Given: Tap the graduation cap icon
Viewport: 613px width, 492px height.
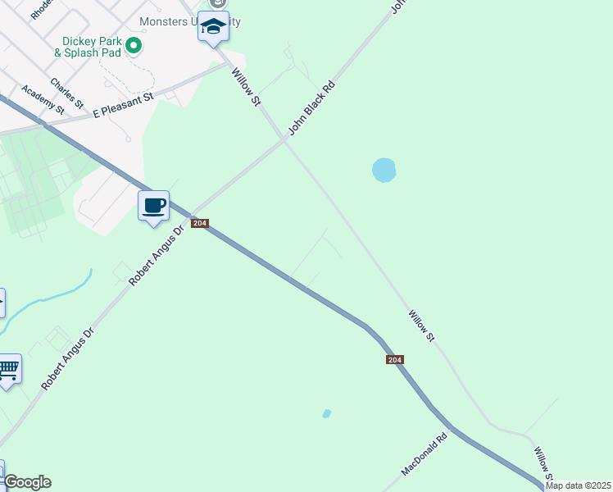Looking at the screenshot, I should pyautogui.click(x=213, y=28).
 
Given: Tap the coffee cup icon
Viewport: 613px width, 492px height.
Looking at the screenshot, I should pyautogui.click(x=153, y=206).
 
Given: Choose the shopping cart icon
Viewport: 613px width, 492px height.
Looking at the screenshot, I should pyautogui.click(x=8, y=369).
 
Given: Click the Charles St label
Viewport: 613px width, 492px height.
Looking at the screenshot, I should pyautogui.click(x=66, y=93).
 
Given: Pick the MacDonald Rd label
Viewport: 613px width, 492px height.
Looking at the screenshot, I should pyautogui.click(x=425, y=455).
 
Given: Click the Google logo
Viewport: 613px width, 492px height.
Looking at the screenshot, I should pyautogui.click(x=27, y=482).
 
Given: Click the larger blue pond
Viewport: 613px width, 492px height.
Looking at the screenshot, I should pyautogui.click(x=384, y=170).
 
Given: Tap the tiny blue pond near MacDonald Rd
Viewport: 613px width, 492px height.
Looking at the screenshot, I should pyautogui.click(x=327, y=413).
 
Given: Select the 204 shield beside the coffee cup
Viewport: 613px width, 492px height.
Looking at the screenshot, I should pyautogui.click(x=199, y=223).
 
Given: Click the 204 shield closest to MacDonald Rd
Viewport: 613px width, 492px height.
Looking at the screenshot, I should pyautogui.click(x=394, y=360).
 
